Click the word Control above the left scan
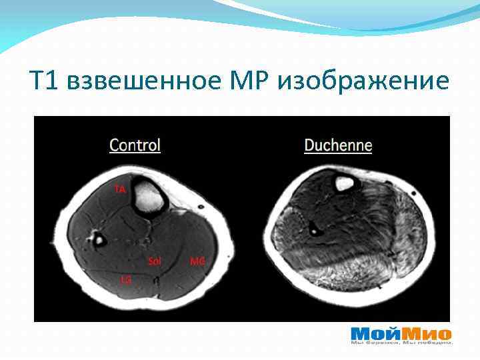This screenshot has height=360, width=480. click(x=135, y=145)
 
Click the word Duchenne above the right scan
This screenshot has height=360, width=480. click(x=338, y=145)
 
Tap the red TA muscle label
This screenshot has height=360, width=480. click(x=119, y=189)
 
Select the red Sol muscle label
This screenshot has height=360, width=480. click(x=154, y=261)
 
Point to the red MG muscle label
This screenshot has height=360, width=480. click(x=197, y=261)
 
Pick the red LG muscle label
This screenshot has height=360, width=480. click(x=125, y=279)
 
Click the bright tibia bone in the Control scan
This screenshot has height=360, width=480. click(x=147, y=195)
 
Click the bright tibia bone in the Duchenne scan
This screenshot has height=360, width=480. click(x=344, y=182)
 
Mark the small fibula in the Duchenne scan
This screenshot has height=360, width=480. click(x=313, y=229)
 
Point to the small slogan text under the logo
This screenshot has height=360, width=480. click(x=401, y=343)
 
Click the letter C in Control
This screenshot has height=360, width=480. click(x=114, y=145)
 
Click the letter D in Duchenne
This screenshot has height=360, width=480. click(x=309, y=145)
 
